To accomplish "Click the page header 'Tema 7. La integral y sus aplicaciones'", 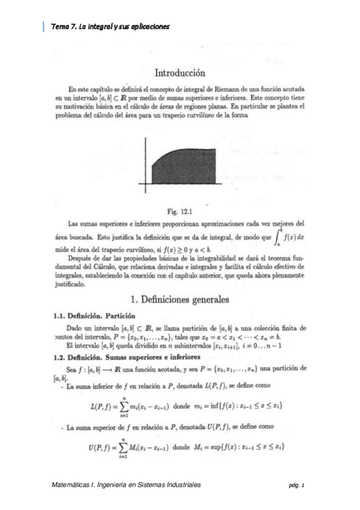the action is click(111, 26).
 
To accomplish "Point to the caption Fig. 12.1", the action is click(181, 211).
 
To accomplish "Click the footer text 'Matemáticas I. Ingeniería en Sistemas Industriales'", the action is click(126, 484).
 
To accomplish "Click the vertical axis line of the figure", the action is click(145, 162).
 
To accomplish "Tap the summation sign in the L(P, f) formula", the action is click(125, 406).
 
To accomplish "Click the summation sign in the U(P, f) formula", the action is click(125, 447).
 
